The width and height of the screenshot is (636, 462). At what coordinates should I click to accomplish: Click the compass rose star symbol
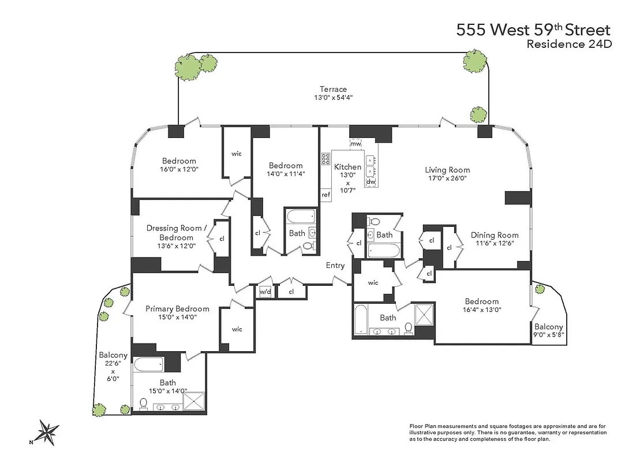(x=48, y=432)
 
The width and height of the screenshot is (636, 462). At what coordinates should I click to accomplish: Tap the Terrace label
(x=333, y=89)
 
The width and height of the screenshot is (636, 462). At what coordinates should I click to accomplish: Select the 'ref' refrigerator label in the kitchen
(x=326, y=195)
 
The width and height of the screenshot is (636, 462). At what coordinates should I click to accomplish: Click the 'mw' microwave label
(x=356, y=143)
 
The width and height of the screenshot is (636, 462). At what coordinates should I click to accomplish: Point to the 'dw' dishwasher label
(x=371, y=182)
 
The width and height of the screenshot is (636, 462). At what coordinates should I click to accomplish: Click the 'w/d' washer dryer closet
(x=265, y=291)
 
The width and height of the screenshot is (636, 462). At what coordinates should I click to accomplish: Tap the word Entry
(x=335, y=266)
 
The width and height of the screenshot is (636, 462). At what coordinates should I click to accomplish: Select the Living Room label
(x=447, y=170)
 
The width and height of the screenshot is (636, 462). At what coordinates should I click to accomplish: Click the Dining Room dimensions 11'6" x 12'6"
(x=494, y=243)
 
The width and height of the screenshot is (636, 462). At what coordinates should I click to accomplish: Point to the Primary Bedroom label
(x=177, y=308)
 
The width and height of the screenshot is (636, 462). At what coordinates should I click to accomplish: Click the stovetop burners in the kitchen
(x=326, y=158)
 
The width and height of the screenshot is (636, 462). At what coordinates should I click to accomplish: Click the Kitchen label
(x=348, y=167)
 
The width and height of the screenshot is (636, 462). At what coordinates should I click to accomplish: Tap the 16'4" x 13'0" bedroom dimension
(x=481, y=310)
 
